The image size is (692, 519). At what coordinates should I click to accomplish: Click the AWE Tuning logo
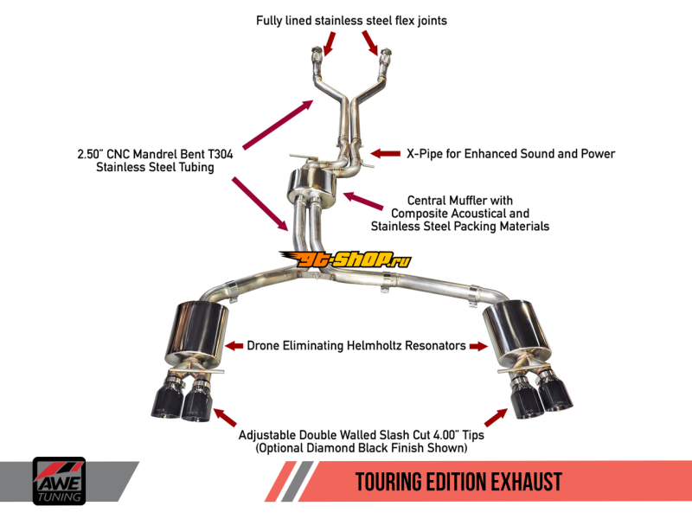(x=59, y=480)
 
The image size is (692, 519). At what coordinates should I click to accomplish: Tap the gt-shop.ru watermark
(x=345, y=259)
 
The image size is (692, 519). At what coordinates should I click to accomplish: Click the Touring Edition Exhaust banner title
(x=458, y=482)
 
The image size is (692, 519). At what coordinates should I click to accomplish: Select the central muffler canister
(x=312, y=188)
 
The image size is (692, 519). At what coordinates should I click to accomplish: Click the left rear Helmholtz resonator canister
(x=200, y=334)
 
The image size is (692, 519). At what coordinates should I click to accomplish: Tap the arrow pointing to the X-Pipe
(x=385, y=154)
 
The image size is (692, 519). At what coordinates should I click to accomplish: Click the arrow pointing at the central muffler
(x=363, y=202)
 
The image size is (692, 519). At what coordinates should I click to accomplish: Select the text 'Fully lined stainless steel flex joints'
(x=351, y=20)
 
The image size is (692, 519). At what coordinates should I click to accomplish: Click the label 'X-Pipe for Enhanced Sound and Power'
(x=510, y=154)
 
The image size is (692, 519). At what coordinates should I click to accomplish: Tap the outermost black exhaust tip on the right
(x=554, y=398)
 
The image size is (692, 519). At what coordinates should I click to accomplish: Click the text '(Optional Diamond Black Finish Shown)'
(x=362, y=449)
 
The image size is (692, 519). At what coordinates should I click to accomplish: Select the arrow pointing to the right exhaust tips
(x=496, y=417)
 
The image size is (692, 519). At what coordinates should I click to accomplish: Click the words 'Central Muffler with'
(x=459, y=201)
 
